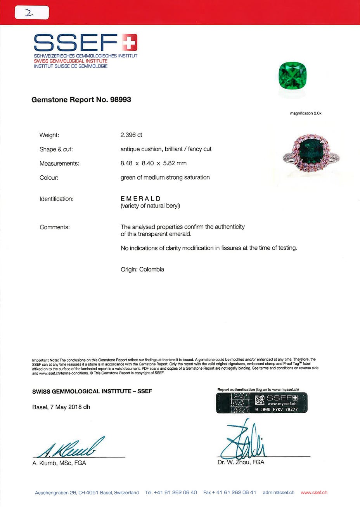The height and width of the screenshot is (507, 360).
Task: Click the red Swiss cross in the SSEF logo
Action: [130, 42]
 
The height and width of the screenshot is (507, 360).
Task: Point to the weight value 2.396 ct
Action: [131, 135]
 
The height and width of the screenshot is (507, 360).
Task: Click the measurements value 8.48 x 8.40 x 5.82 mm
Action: [153, 163]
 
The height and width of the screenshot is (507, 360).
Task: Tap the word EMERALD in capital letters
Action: [140, 199]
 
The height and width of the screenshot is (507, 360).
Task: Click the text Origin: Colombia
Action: [142, 269]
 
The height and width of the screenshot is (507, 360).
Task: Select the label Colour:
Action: [49, 178]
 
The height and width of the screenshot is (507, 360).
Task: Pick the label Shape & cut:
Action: [56, 149]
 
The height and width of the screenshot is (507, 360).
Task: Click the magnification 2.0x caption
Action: [305, 113]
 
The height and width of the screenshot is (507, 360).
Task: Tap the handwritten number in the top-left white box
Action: [29, 13]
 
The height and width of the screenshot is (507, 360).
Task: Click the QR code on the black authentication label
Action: [260, 400]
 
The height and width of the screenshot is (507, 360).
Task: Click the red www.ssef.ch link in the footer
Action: [314, 493]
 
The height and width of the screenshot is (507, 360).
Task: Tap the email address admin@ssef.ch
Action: [278, 493]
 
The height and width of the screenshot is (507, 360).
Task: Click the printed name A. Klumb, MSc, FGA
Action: [59, 463]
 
